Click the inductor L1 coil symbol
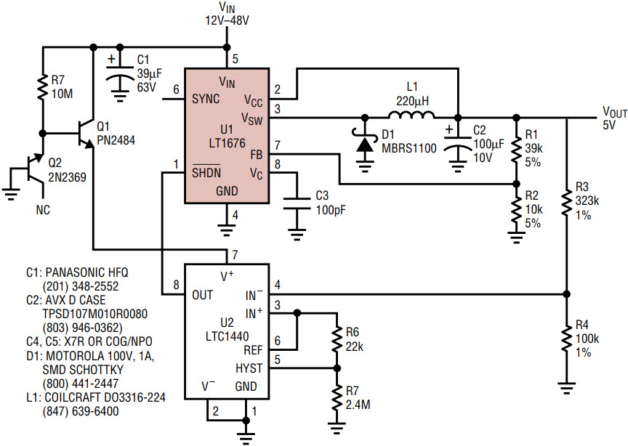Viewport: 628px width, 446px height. coord(411,115)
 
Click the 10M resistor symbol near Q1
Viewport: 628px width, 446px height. coord(42,87)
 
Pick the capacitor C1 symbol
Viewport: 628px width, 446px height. coord(119,77)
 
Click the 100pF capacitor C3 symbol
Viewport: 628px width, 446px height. coord(297,203)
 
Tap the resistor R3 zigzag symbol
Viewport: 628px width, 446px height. coord(566,202)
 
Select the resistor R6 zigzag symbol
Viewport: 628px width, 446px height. coord(337,340)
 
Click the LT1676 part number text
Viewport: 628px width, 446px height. coord(227,143)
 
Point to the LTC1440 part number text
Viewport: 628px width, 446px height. coord(227,336)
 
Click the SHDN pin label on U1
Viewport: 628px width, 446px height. coord(206,172)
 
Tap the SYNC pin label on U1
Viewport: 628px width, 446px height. coord(206,99)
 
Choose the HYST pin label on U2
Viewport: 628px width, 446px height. coord(249,368)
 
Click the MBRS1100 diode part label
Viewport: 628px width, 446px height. coord(409,148)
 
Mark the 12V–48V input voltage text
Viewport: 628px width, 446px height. coord(227,20)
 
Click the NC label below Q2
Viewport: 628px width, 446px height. coord(44,210)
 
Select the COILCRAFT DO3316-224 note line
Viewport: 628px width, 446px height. coord(96,397)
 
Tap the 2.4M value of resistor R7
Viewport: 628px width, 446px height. coord(358,405)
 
